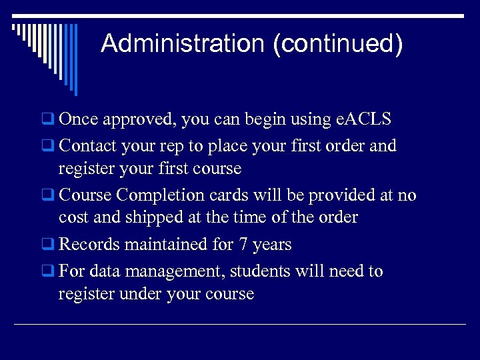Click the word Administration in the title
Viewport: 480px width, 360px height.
click(183, 44)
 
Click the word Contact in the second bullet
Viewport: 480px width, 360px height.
click(88, 145)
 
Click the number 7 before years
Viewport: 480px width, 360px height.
click(243, 244)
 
